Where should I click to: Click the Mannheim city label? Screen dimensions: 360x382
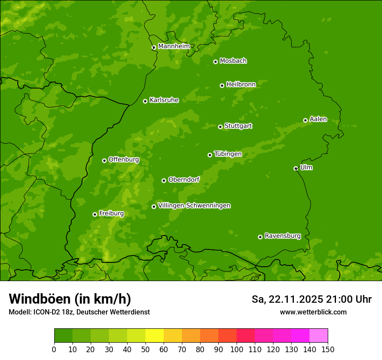[174, 46]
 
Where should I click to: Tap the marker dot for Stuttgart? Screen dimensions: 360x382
[220, 127]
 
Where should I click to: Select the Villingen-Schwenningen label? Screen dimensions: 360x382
[194, 206]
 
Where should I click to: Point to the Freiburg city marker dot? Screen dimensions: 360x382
[95, 214]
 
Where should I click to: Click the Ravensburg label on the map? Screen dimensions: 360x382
[282, 236]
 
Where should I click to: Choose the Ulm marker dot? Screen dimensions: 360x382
[296, 168]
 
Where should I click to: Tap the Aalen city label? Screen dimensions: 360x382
[318, 119]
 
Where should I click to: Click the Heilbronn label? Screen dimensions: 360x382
[240, 85]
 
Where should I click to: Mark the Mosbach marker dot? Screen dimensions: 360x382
[215, 62]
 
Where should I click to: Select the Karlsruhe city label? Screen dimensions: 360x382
[164, 100]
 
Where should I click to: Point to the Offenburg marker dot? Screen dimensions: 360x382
[104, 160]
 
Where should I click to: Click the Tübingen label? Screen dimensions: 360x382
[227, 154]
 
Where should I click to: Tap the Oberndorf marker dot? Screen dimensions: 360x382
[164, 180]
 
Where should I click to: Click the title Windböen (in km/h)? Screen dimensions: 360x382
[69, 299]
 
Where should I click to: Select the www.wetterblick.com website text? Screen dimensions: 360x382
[313, 312]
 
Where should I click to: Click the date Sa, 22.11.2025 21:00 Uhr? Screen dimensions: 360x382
[311, 299]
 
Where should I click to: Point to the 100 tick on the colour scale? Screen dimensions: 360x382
[237, 349]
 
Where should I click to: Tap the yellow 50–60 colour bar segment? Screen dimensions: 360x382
[155, 336]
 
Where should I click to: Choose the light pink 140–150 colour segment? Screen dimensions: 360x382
[319, 336]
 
